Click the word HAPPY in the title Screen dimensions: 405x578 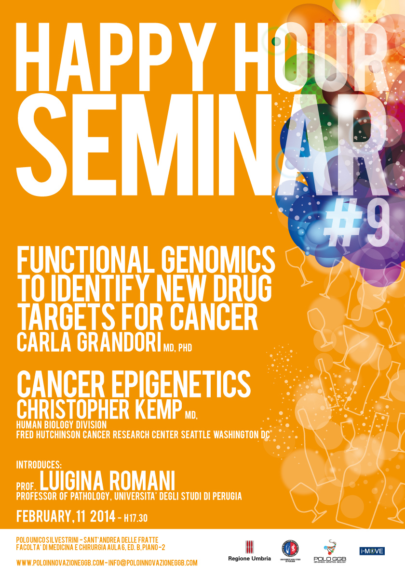tap(116, 57)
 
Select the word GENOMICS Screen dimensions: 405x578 tap(218, 259)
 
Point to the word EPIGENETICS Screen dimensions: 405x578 tap(181, 384)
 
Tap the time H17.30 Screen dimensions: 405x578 tap(135, 518)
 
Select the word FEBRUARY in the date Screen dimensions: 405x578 tap(44, 516)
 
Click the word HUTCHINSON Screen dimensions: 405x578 tap(58, 434)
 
